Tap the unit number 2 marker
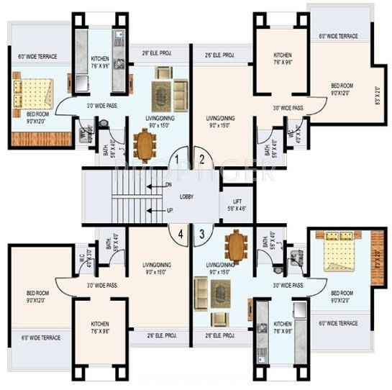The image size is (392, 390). coord(202,160)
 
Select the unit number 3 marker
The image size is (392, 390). coord(202,232)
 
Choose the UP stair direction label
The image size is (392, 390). coord(168,210)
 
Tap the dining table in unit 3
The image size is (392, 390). coord(236,247)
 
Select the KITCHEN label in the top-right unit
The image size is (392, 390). coord(283,55)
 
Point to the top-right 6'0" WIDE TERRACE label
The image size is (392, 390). coord(338,36)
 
